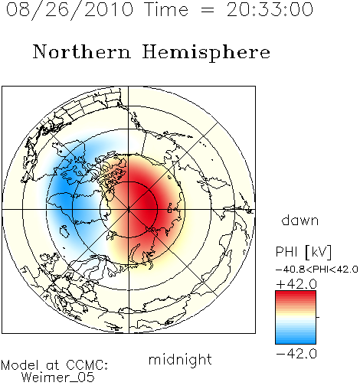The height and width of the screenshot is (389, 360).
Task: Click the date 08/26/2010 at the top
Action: pyautogui.click(x=70, y=10)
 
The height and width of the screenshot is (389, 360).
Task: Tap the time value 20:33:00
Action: pyautogui.click(x=270, y=9)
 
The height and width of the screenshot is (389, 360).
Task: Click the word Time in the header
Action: pyautogui.click(x=166, y=9)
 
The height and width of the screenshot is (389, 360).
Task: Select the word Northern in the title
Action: pyautogui.click(x=82, y=51)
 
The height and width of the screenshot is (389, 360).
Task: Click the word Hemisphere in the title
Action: pyautogui.click(x=206, y=53)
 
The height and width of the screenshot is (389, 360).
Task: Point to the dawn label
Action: pyautogui.click(x=300, y=220)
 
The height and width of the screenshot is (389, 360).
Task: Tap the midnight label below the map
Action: pyautogui.click(x=180, y=359)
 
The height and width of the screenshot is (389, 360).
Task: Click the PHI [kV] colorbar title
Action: pyautogui.click(x=303, y=252)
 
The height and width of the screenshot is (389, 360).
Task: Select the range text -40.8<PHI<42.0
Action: pyautogui.click(x=317, y=270)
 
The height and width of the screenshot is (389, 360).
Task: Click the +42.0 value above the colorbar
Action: pyautogui.click(x=296, y=284)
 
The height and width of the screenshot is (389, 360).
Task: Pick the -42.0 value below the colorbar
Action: pyautogui.click(x=296, y=354)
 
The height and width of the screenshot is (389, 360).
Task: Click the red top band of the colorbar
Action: pyautogui.click(x=296, y=295)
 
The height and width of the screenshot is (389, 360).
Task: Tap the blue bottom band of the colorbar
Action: pyautogui.click(x=296, y=340)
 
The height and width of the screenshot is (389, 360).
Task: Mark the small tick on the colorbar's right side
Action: pyautogui.click(x=318, y=317)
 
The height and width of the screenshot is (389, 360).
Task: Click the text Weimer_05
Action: pyautogui.click(x=58, y=377)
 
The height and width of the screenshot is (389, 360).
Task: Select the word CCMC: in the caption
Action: pyautogui.click(x=87, y=365)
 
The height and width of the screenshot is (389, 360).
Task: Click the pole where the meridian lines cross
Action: pyautogui.click(x=129, y=210)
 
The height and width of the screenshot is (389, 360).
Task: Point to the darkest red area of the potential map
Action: pyautogui.click(x=147, y=204)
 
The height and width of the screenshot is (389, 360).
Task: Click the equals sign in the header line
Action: pyautogui.click(x=208, y=10)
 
